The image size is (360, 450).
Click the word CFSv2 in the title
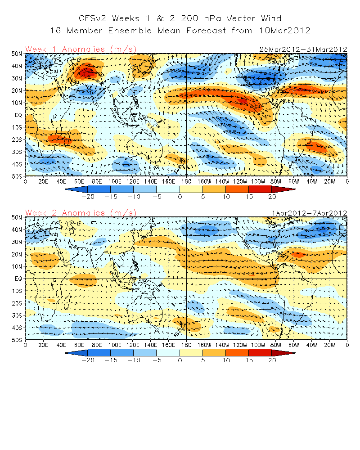pyautogui.click(x=94, y=18)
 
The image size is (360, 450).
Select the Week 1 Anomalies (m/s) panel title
pyautogui.click(x=81, y=49)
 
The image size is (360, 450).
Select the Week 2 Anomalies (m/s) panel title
pyautogui.click(x=81, y=212)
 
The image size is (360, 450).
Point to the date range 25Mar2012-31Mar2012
pyautogui.click(x=303, y=49)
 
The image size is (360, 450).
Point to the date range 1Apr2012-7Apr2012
pyautogui.click(x=309, y=213)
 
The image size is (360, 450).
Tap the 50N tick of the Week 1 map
pyautogui.click(x=17, y=54)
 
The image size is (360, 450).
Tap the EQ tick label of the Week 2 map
pyautogui.click(x=18, y=279)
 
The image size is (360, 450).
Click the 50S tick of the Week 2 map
pyautogui.click(x=17, y=340)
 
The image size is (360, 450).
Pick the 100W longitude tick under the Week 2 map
pyautogui.click(x=258, y=345)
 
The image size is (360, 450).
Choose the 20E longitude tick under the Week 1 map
pyautogui.click(x=43, y=181)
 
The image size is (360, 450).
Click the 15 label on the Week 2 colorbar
pyautogui.click(x=249, y=361)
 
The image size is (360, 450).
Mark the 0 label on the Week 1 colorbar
pyautogui.click(x=180, y=197)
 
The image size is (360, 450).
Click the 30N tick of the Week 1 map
pyautogui.click(x=17, y=78)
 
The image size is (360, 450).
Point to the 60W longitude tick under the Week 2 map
pyautogui.click(x=294, y=345)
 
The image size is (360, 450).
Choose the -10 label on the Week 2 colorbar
pyautogui.click(x=134, y=361)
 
